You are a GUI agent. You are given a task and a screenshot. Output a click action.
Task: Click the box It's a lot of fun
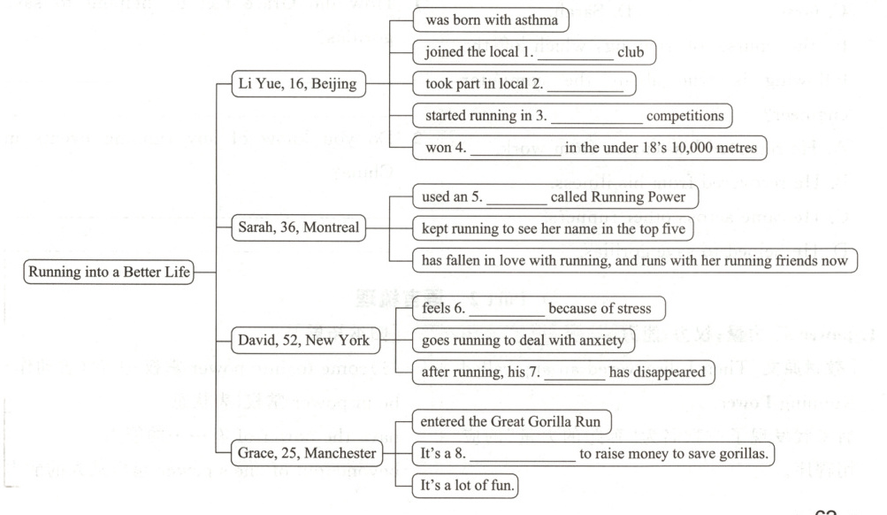pos(464,487)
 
